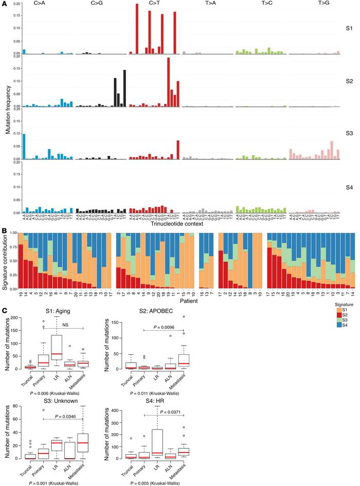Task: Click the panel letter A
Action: click(x=4, y=4)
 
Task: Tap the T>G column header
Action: click(x=314, y=4)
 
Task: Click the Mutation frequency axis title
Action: click(x=8, y=110)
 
